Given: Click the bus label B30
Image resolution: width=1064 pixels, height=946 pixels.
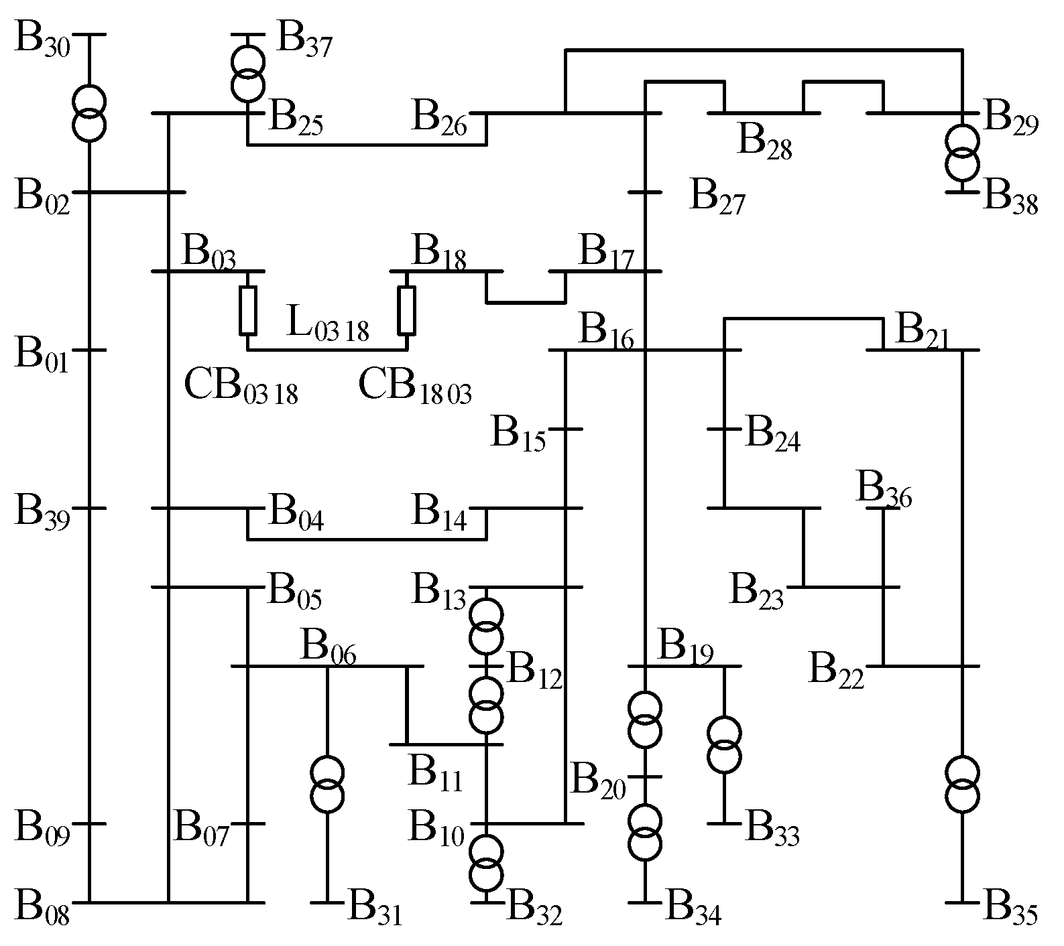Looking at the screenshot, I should pos(42,42).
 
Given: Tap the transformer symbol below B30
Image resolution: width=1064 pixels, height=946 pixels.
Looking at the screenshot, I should pos(88,114).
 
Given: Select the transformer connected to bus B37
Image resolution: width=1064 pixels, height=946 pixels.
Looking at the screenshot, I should pos(247,74).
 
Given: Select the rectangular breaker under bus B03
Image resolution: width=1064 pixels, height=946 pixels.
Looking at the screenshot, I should pos(248,310).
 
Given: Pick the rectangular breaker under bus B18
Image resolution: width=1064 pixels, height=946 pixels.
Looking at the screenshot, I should pos(406,310).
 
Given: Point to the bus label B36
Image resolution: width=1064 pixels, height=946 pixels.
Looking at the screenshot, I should pos(884,490).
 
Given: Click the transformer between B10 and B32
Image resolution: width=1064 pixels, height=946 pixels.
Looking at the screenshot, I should pos(485,862).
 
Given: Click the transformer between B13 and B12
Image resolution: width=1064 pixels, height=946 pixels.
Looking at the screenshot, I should pos(485,626).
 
